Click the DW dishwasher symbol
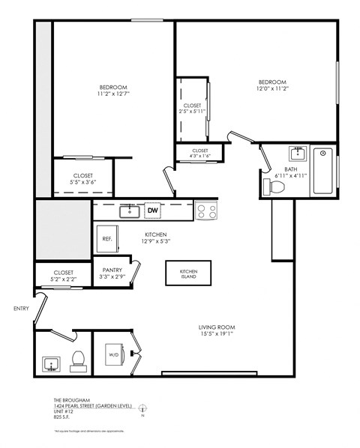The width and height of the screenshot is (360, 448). point(153,211)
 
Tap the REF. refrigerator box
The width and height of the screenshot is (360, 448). point(107,239)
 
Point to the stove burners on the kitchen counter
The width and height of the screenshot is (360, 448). point(206,211)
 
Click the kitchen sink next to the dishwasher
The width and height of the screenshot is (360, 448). point(129,211)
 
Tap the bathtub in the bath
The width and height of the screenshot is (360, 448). point(322,171)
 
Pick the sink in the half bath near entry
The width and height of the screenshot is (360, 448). point(51,364)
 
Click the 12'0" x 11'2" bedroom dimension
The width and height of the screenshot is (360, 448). point(273,88)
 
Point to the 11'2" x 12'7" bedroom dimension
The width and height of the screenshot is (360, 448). point(112,94)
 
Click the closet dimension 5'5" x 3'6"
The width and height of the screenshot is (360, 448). point(82,181)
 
